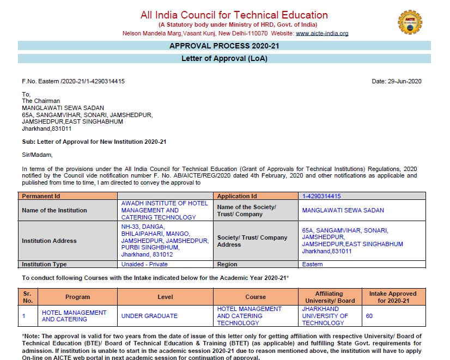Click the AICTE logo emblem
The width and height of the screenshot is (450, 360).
pyautogui.click(x=410, y=22)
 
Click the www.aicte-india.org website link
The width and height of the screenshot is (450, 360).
pyautogui.click(x=322, y=33)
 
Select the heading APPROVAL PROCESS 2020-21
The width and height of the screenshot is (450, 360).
pyautogui.click(x=224, y=46)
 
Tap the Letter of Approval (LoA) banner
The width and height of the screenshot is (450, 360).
pyautogui.click(x=224, y=58)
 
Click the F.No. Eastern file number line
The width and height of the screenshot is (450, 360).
pyautogui.click(x=73, y=81)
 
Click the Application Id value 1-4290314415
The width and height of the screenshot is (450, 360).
pyautogui.click(x=321, y=196)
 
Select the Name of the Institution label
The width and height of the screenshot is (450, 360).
pyautogui.click(x=54, y=210)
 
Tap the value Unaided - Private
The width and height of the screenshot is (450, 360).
pyautogui.click(x=144, y=264)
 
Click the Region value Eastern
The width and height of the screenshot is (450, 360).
pyautogui.click(x=312, y=264)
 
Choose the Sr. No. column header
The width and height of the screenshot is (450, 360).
pyautogui.click(x=28, y=297)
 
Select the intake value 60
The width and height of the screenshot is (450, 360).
pyautogui.click(x=369, y=316)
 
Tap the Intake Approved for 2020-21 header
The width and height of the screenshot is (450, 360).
pyautogui.click(x=392, y=297)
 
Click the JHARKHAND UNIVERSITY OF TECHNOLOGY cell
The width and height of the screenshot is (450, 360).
pyautogui.click(x=325, y=316)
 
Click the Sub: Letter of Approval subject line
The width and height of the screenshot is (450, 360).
pyautogui.click(x=94, y=142)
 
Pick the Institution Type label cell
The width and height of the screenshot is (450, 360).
pyautogui.click(x=45, y=264)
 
